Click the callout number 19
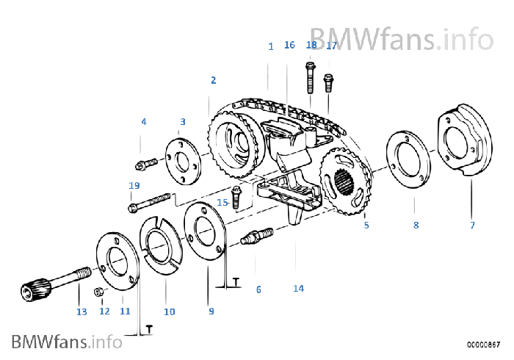[134, 186]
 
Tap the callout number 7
[472, 225]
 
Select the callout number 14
[298, 288]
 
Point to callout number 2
[214, 80]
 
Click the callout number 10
[170, 312]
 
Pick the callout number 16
[289, 45]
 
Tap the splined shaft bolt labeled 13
[57, 284]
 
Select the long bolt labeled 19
[150, 201]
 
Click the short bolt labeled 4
[146, 164]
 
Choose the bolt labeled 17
[328, 83]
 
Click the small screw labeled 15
[236, 197]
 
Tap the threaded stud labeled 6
[257, 236]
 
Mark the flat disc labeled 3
[183, 162]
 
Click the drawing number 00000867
[483, 345]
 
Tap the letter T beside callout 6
[236, 281]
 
